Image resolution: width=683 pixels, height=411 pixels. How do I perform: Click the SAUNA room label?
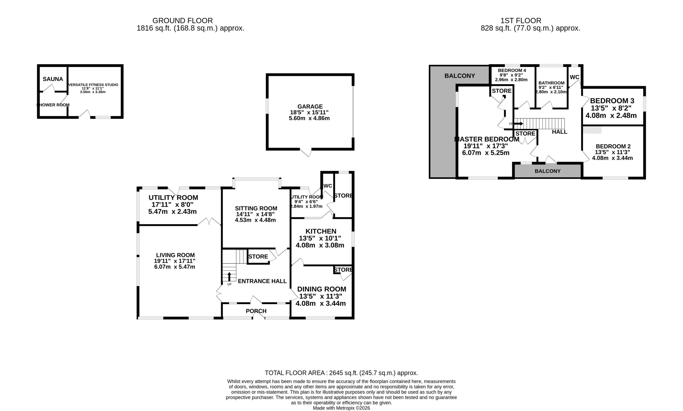53,79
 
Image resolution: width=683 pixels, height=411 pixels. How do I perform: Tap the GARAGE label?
310,107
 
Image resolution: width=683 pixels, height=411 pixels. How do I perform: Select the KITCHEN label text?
321,231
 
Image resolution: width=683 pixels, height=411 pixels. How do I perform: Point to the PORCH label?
256,311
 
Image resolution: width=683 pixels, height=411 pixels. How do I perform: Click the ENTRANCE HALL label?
262,281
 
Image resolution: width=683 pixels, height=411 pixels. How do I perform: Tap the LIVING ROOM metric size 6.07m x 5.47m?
174,267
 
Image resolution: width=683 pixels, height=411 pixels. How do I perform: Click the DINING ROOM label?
321,289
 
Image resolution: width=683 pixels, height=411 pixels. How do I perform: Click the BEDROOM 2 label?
613,146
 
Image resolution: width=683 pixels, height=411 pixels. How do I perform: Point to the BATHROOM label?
551,83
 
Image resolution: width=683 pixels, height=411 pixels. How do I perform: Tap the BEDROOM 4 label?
512,70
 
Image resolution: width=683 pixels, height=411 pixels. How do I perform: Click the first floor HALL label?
559,132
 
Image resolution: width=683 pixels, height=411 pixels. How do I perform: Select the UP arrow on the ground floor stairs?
229,277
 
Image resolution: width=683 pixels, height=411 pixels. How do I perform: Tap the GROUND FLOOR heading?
182,21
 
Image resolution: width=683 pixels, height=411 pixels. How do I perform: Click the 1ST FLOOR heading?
521,21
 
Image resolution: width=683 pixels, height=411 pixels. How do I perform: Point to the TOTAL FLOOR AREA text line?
341,373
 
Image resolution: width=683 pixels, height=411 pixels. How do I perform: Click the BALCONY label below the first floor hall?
547,171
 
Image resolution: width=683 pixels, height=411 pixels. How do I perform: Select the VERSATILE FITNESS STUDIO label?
93,85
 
